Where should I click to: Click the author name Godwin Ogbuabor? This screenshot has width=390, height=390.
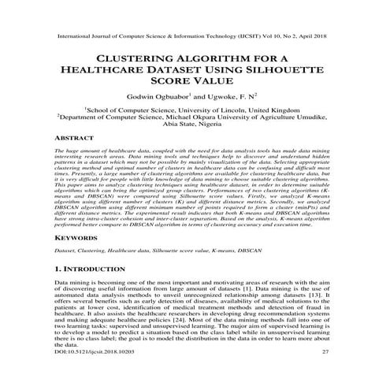161,95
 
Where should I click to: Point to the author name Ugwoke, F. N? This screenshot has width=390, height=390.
237,95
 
